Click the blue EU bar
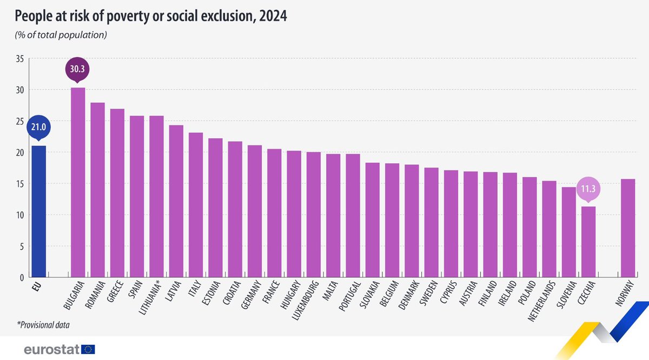pos(38,211)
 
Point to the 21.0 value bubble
pos(38,128)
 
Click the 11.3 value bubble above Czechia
pos(588,189)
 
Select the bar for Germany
pos(254,211)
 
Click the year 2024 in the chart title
pos(272,17)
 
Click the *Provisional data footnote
pos(43,325)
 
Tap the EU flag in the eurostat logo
pos(87,349)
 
